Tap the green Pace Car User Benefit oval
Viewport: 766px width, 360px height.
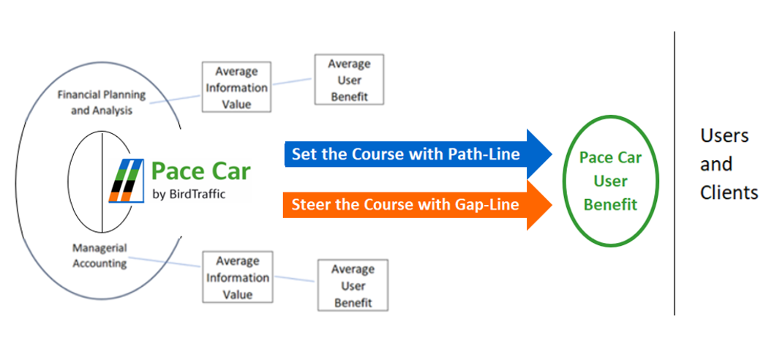pos(610,181)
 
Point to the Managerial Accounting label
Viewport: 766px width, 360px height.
pos(99,255)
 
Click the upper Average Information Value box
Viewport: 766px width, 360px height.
pos(236,88)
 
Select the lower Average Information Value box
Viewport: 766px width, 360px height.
pos(238,277)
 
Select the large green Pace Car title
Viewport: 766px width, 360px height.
pos(200,170)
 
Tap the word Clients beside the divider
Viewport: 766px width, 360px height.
pos(729,192)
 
